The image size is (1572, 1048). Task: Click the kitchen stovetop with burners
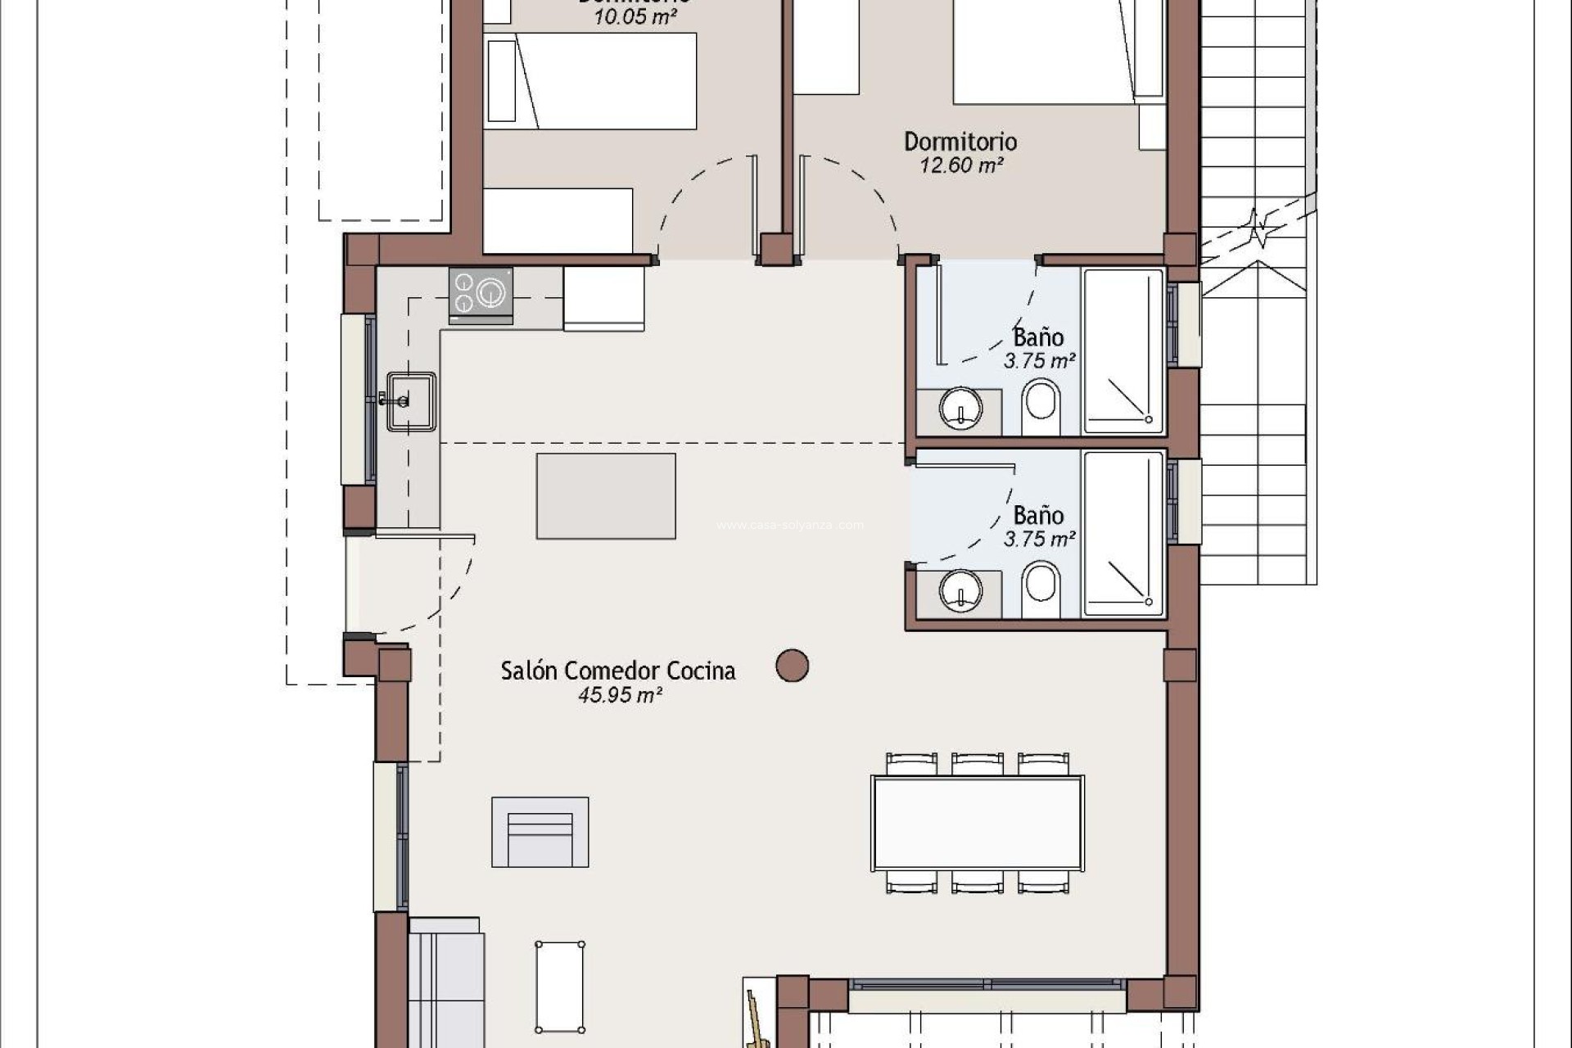[x=481, y=294]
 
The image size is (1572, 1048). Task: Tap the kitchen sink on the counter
[x=411, y=400]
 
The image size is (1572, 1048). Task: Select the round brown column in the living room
[x=792, y=666]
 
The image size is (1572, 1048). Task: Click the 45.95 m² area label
[x=620, y=695]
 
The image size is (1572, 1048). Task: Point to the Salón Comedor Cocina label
[x=618, y=671]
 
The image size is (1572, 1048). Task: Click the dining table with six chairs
[x=978, y=823]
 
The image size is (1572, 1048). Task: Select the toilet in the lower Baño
[x=1041, y=586]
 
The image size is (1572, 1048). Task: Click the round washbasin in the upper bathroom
[x=960, y=408]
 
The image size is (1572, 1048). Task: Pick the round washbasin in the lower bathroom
[x=960, y=589]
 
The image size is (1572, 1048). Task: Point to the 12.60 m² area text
[x=961, y=165]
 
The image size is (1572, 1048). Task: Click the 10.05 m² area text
[x=635, y=16]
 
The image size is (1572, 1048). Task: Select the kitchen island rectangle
[x=606, y=496]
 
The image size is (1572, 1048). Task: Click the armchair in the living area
[x=540, y=832]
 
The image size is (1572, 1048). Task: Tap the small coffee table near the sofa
[x=560, y=987]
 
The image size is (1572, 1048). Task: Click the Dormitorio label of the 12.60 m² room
[x=960, y=142]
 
